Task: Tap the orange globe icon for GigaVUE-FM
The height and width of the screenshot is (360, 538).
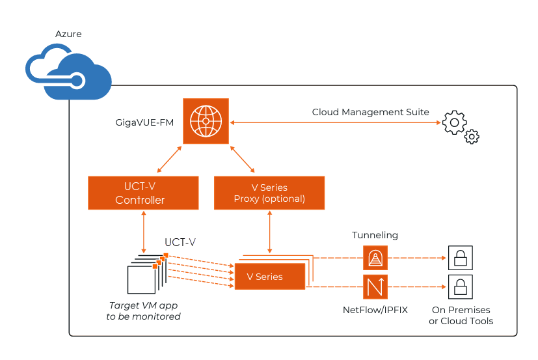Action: coord(206,120)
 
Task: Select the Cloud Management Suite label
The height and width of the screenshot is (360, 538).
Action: coord(370,112)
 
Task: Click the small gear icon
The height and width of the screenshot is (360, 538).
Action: coord(472,137)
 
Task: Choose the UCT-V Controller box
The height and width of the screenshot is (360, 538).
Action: coord(143,193)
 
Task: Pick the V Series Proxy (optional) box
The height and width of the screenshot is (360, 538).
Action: coord(269,193)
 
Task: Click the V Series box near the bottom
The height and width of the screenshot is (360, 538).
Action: coord(269,277)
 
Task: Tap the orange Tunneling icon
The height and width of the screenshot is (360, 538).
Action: coord(375,258)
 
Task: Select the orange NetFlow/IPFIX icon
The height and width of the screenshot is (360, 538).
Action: coord(375,286)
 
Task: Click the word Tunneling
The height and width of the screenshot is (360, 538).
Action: coord(375,235)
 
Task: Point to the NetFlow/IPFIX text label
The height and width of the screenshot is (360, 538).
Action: coord(375,310)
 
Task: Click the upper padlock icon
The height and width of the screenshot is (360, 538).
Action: coord(460,258)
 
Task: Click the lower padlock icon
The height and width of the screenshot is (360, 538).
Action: coord(460,286)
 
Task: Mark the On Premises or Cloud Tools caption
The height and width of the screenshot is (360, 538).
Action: coord(461,315)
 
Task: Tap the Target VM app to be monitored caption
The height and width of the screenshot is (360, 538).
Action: coord(143,311)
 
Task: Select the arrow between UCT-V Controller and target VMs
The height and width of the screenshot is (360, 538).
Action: coord(143,231)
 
